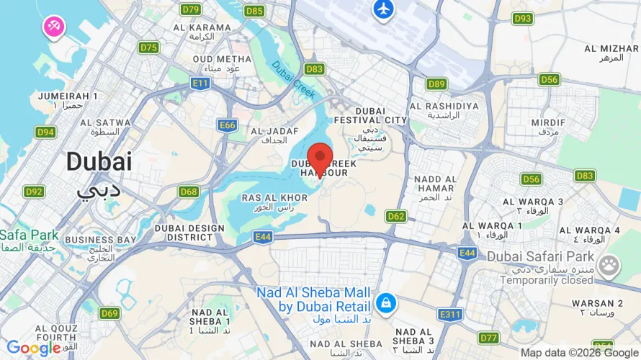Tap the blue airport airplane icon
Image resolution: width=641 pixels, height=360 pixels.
(x=383, y=9)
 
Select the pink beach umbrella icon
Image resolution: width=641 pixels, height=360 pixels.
(x=54, y=27)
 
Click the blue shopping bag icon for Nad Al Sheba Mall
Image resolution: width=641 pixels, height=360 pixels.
(x=386, y=303)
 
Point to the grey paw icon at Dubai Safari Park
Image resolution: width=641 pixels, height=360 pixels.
(x=609, y=265)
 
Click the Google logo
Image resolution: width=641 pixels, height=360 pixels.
(x=33, y=348)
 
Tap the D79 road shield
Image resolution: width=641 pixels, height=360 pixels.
(x=191, y=9)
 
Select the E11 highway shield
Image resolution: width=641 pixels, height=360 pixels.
(x=200, y=84)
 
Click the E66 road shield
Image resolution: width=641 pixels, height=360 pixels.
(x=228, y=125)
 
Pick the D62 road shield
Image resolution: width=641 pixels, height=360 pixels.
(x=395, y=215)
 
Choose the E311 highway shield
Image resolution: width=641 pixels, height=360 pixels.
(x=450, y=314)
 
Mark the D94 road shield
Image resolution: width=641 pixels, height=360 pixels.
(x=46, y=132)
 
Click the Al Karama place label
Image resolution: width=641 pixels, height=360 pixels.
(x=202, y=32)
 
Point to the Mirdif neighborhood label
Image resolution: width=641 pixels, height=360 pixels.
(x=548, y=127)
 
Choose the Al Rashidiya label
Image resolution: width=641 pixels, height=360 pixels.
(x=444, y=110)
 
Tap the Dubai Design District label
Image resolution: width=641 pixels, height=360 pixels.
(x=190, y=233)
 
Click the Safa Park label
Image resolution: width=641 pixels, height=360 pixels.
(x=29, y=240)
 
